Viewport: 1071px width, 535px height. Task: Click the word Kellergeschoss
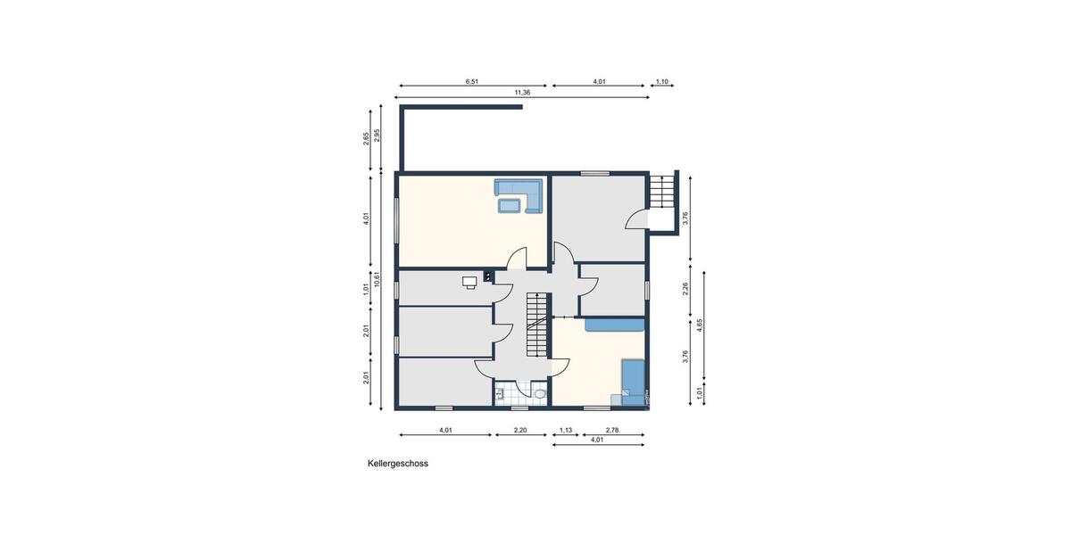point(398,464)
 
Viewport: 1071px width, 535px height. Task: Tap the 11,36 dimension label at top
point(522,92)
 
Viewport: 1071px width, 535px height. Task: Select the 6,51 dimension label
point(472,81)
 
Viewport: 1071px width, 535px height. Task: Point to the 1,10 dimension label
point(662,81)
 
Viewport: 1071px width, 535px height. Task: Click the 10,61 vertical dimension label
point(378,279)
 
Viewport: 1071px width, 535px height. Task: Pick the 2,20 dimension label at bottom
point(520,431)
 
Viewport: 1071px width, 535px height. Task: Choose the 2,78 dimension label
point(612,431)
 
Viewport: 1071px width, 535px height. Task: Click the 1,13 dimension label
point(566,431)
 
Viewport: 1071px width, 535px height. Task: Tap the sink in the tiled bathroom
point(500,393)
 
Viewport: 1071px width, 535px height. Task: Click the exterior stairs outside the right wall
point(661,193)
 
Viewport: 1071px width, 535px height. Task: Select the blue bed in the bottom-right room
point(633,378)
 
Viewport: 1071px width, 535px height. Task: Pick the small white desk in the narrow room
point(469,282)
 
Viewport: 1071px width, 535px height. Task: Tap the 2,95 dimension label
point(378,135)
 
